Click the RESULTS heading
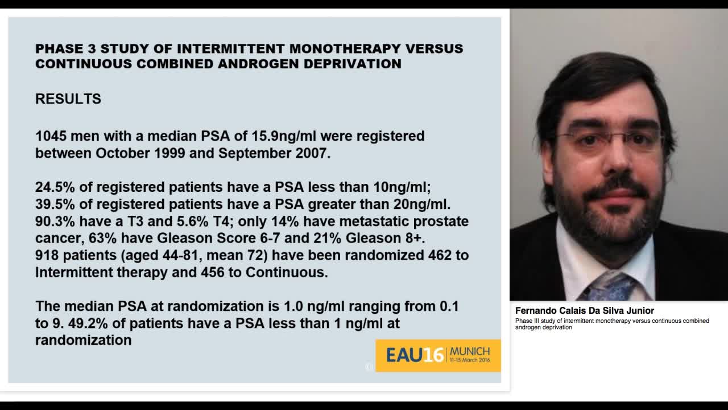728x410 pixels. click(x=68, y=99)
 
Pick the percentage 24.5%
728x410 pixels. click(x=52, y=187)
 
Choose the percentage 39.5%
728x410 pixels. click(x=52, y=204)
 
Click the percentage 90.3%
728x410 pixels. click(x=52, y=222)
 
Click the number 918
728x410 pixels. click(x=47, y=255)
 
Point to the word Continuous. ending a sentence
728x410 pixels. click(x=287, y=272)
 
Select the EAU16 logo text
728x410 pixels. click(x=415, y=355)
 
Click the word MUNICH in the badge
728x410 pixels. click(x=470, y=351)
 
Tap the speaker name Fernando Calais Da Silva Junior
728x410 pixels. click(x=585, y=311)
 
